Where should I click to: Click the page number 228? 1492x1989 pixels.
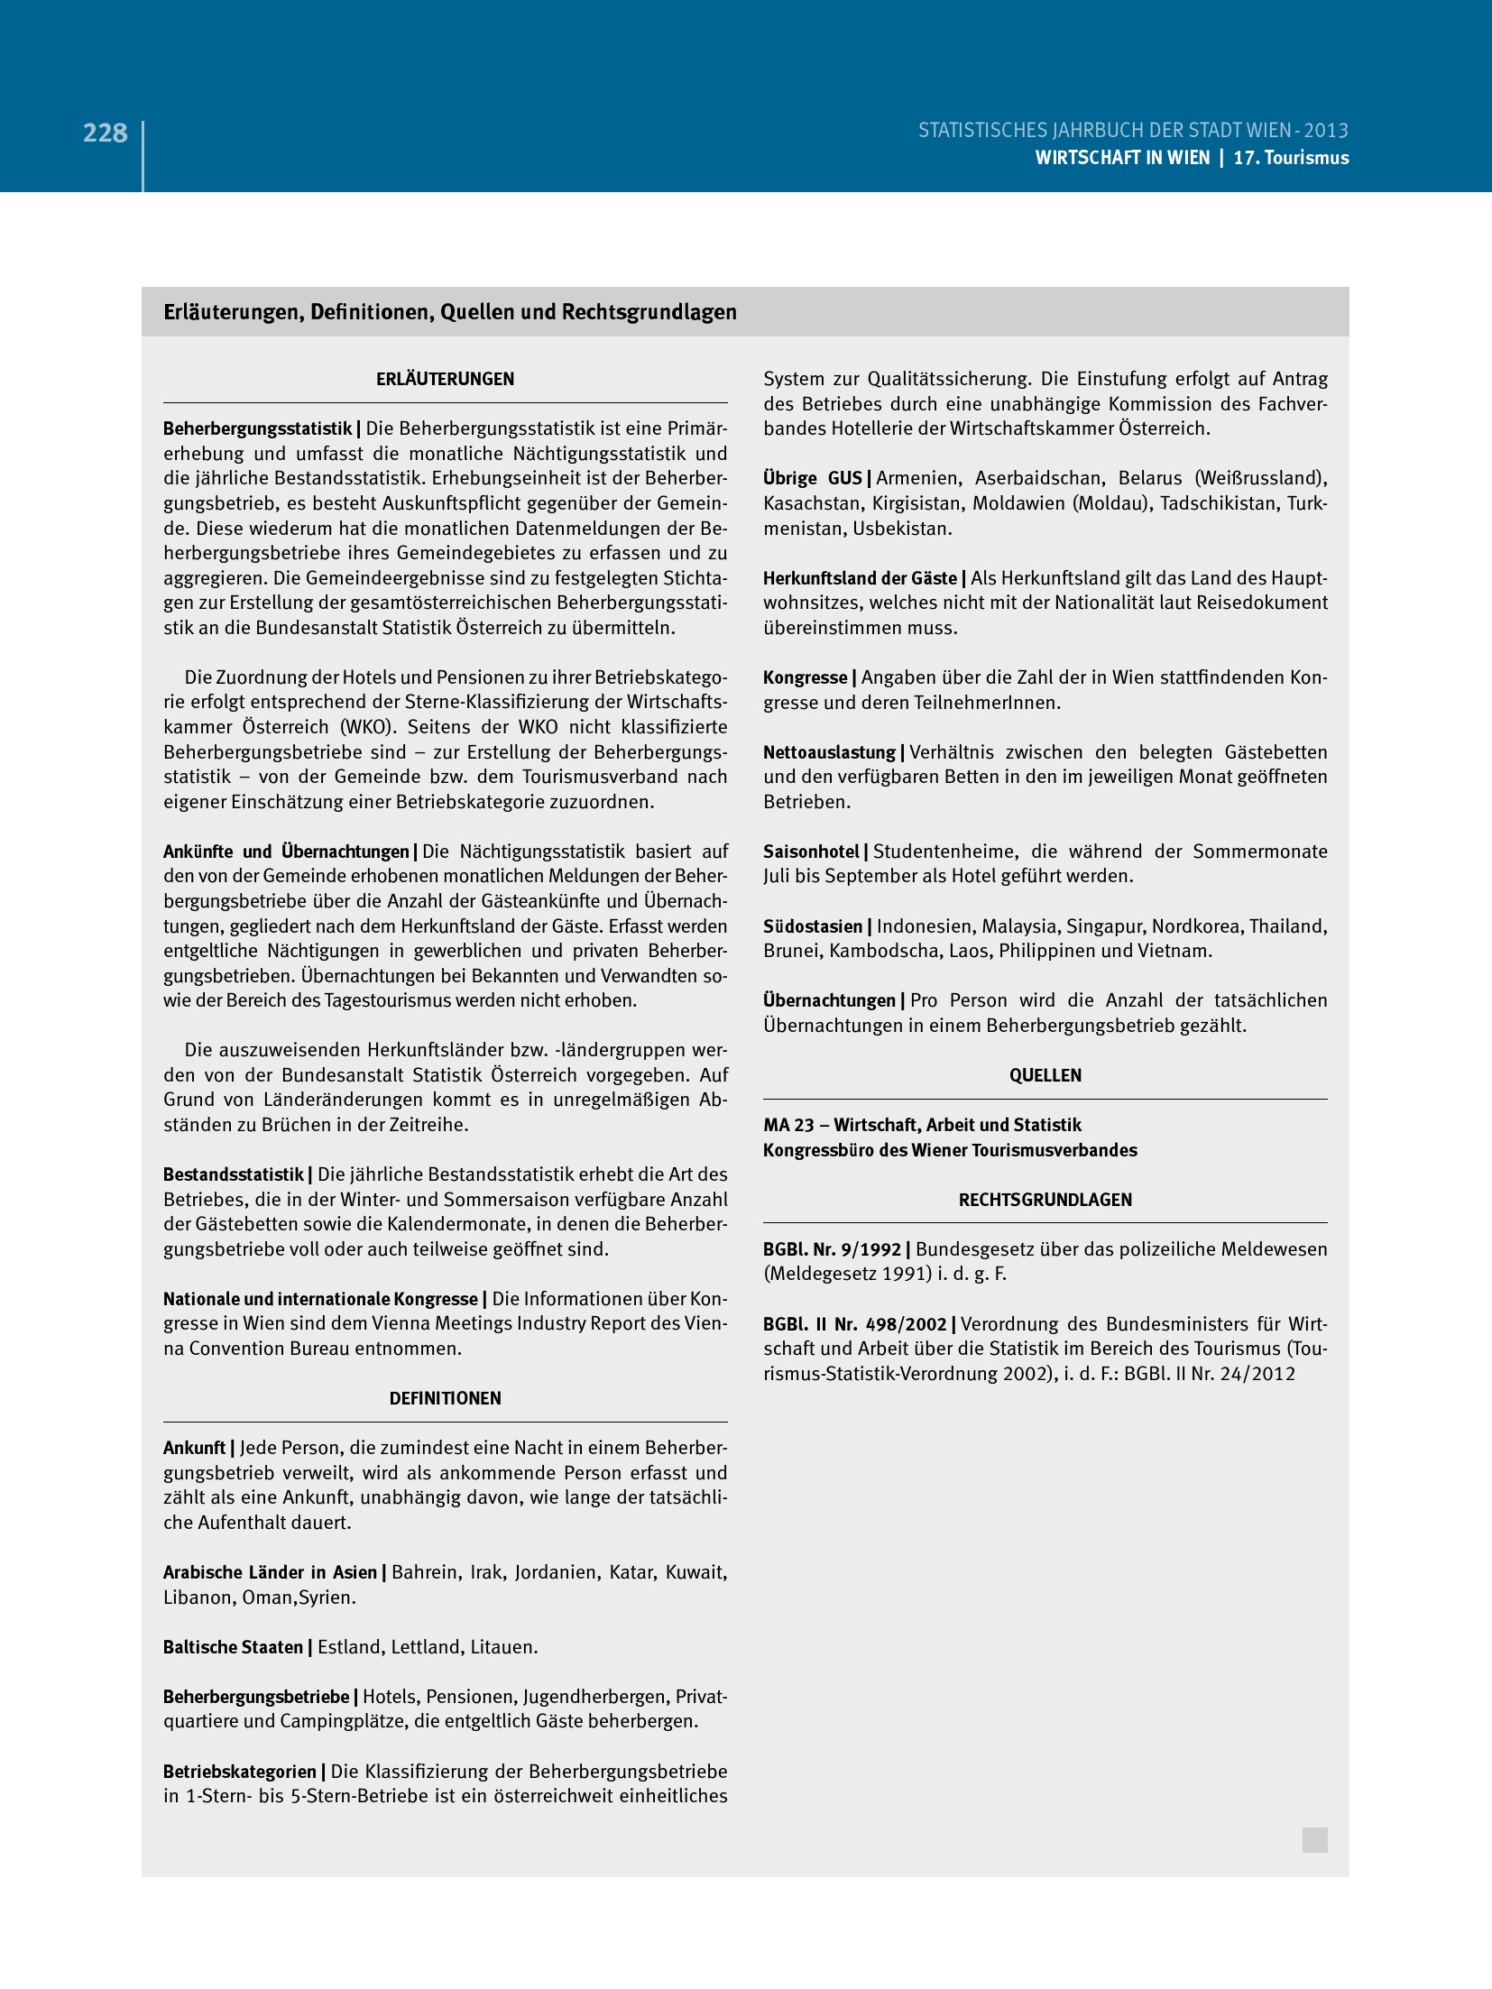105,134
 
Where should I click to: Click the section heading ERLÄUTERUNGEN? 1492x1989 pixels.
445,380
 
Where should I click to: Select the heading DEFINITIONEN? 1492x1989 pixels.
445,1398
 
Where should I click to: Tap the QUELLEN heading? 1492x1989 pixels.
1045,1075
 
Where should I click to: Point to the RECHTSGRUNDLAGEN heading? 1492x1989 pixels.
1045,1200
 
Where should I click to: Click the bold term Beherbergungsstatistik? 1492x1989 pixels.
257,429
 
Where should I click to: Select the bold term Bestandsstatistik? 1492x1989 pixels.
234,1174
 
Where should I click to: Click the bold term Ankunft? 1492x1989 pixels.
194,1448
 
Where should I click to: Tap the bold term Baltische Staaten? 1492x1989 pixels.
233,1647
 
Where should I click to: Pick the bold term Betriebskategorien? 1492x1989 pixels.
239,1772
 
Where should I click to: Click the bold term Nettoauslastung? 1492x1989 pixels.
829,752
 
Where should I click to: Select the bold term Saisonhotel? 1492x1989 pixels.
811,852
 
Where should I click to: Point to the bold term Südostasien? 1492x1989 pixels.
813,926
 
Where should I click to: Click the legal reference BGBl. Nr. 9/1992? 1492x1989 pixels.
832,1249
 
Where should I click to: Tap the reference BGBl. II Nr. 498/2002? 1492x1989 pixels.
854,1324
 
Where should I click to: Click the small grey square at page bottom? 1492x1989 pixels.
1314,1840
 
